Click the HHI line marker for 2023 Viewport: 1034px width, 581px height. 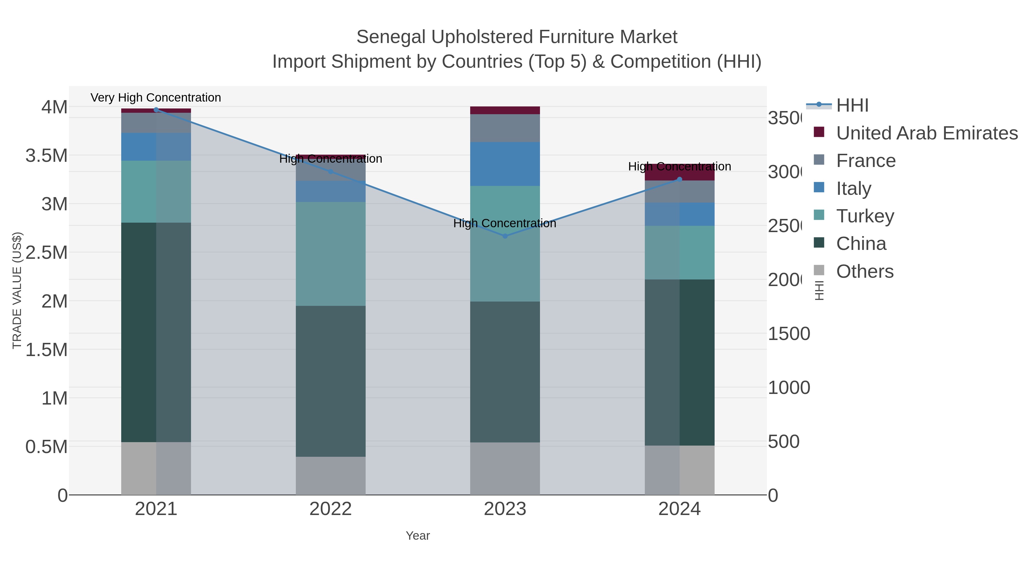tap(505, 236)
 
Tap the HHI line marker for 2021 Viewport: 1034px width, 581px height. tap(156, 110)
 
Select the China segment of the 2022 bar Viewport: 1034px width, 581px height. tap(330, 381)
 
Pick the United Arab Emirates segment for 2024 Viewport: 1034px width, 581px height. tap(679, 172)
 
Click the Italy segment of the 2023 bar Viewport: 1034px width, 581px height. tap(505, 164)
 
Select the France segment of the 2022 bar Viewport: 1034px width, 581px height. tap(330, 170)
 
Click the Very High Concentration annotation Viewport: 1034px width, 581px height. tap(156, 98)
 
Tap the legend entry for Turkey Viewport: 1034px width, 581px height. tap(865, 216)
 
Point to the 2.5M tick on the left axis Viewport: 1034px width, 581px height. tap(47, 252)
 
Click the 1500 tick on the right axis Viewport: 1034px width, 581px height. tap(789, 334)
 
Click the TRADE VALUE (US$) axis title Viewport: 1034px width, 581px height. tap(17, 290)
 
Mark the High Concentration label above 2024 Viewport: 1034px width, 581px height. tap(679, 166)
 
